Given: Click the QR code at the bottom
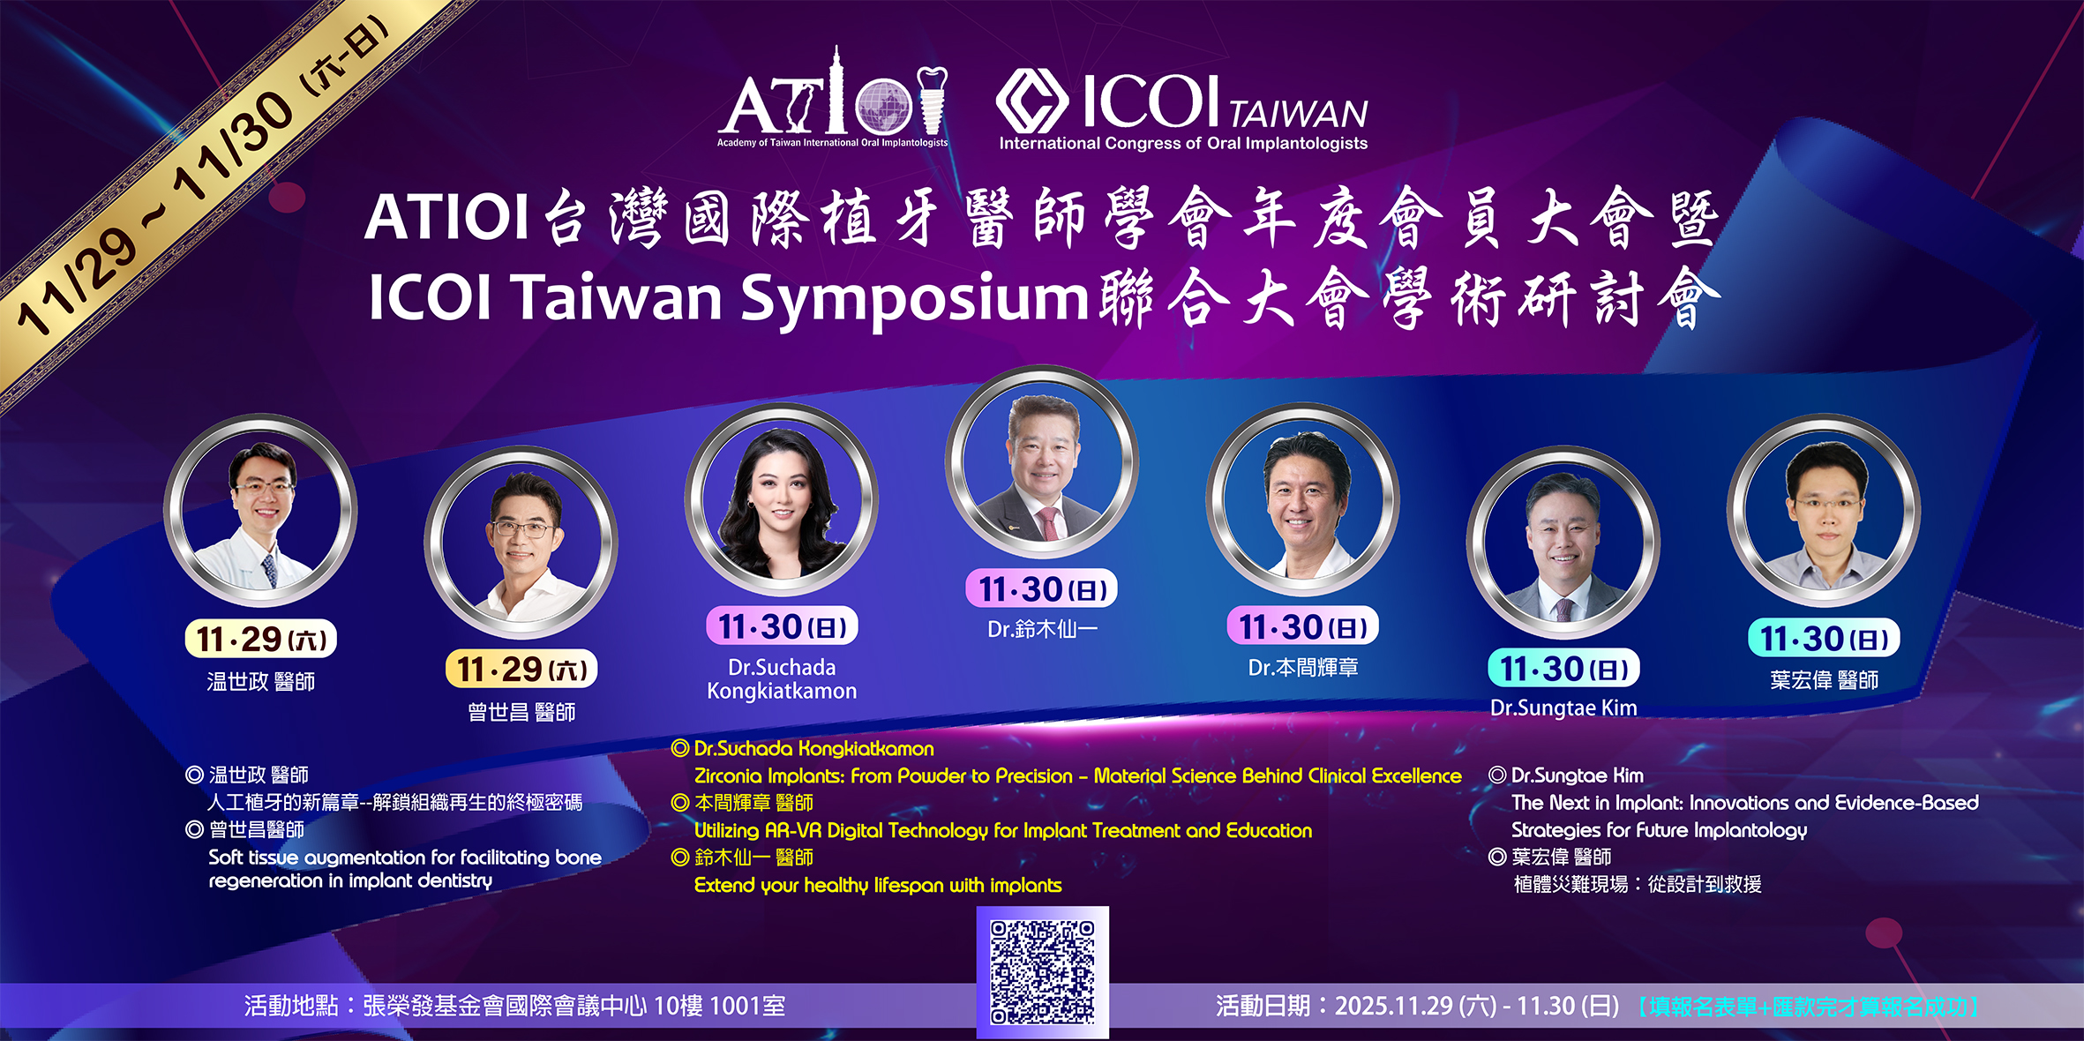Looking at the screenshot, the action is tap(1042, 972).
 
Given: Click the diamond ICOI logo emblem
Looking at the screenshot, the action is tap(1031, 101).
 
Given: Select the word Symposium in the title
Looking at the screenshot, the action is tap(915, 298).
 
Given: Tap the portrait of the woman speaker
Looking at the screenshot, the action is tap(781, 499).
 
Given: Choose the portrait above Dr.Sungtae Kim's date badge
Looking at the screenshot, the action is tap(1563, 543).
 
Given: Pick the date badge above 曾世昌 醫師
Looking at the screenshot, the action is tap(521, 669).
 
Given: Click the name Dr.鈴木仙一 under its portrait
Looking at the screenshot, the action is tap(1042, 629).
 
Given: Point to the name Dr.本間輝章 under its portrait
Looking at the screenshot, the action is tap(1302, 668).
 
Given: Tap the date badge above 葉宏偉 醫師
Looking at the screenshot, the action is tap(1824, 638).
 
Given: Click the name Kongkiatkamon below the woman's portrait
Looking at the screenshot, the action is tap(781, 691).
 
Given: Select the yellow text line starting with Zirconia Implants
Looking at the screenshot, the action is tap(1077, 776).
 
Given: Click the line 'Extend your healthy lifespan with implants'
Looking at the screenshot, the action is tap(878, 885).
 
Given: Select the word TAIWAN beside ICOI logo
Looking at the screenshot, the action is tap(1298, 114).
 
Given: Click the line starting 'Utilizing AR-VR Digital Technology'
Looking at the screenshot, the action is tap(1003, 831).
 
